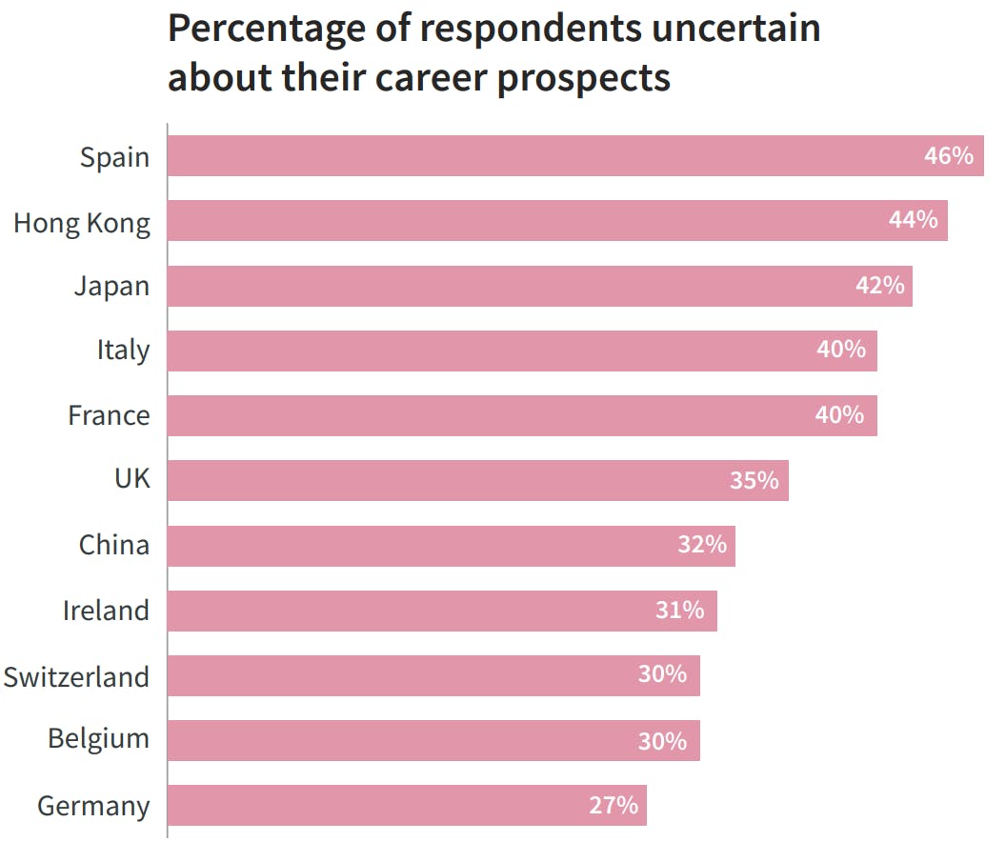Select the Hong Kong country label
tap(82, 224)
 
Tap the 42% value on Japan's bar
tap(879, 285)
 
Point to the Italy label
tap(123, 350)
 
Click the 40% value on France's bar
tap(840, 415)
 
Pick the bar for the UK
tap(448, 480)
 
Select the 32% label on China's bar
tap(702, 545)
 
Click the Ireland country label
tap(106, 610)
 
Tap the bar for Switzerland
tap(400, 675)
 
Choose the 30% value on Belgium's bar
tap(662, 740)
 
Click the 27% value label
tap(614, 805)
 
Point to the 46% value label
tap(949, 155)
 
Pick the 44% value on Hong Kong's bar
tap(913, 220)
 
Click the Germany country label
tap(93, 806)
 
